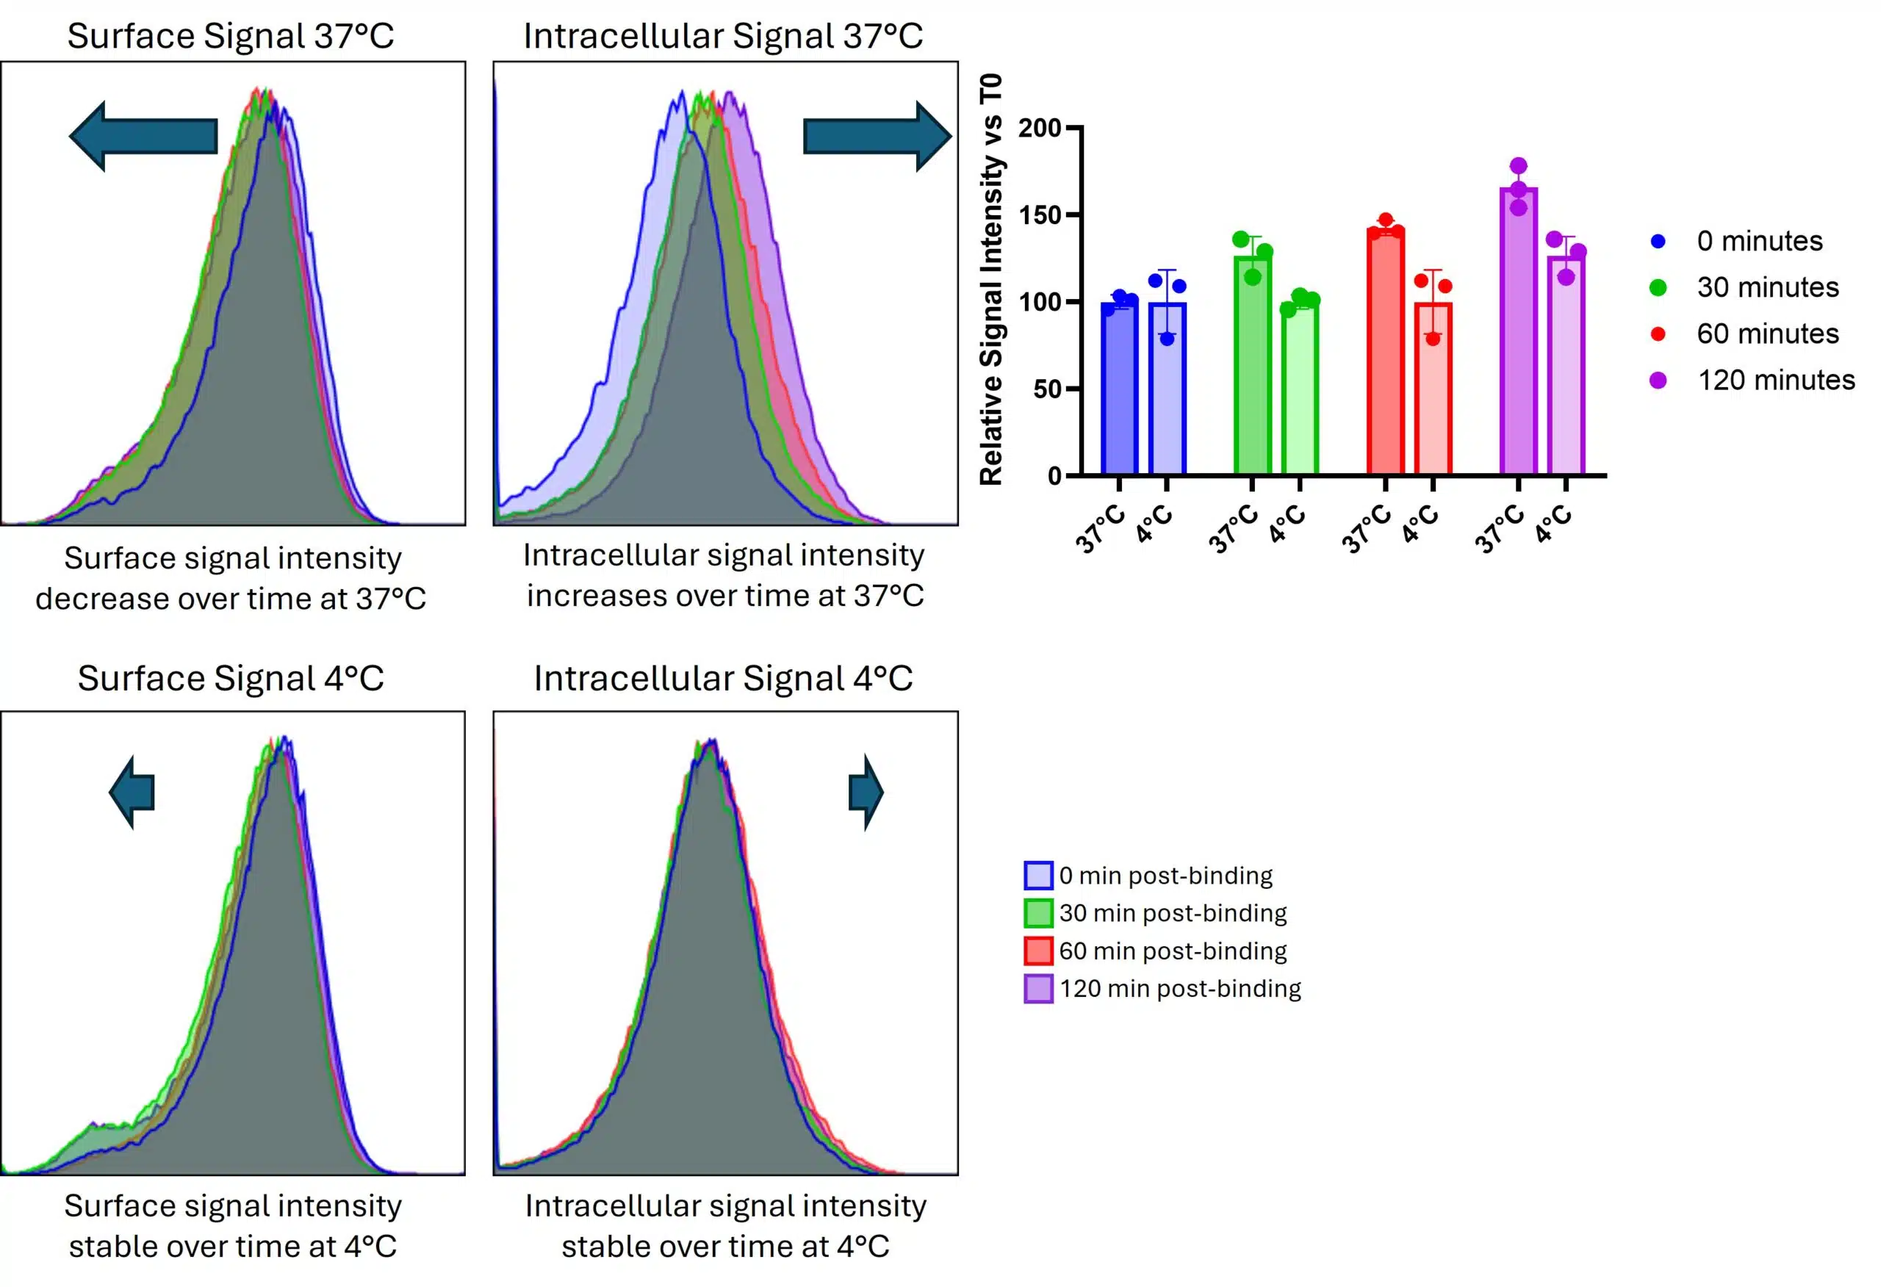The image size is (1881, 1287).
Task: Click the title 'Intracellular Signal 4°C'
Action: [x=723, y=678]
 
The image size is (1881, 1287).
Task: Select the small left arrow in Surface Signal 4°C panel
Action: [x=132, y=793]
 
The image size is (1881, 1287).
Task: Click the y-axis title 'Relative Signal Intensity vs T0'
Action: [x=990, y=279]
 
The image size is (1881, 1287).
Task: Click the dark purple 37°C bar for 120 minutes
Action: [x=1519, y=340]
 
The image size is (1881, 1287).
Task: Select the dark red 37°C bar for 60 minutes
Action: [x=1385, y=356]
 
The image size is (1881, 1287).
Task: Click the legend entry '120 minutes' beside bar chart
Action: [x=1776, y=380]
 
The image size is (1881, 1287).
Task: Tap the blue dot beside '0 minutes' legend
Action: [x=1658, y=241]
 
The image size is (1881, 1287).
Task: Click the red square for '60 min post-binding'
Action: [x=1038, y=951]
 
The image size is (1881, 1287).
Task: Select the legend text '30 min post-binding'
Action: [x=1173, y=913]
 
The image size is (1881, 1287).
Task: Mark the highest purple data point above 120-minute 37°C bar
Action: [x=1519, y=166]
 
